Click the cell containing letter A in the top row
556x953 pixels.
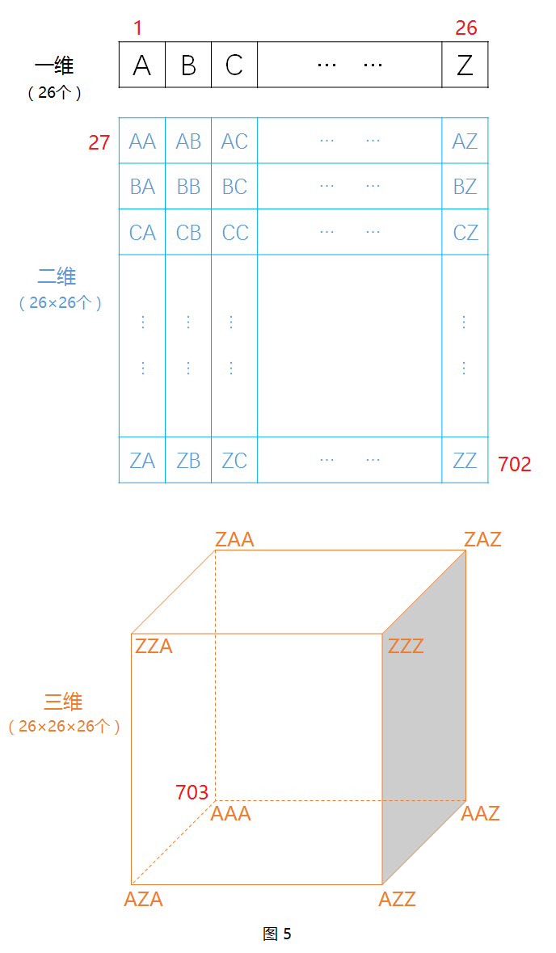pos(142,65)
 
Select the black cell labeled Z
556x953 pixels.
pos(465,65)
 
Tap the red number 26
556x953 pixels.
pos(466,28)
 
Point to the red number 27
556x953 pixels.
pos(99,143)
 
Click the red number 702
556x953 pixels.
pos(515,464)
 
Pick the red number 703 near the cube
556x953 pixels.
pos(192,793)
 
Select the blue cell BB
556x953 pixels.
pos(188,187)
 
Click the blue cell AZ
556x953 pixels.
pos(465,141)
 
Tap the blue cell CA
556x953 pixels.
pos(142,233)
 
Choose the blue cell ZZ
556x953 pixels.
pos(465,461)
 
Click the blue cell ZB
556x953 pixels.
pos(188,461)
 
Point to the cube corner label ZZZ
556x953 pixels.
pos(406,647)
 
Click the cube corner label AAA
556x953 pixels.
pos(231,814)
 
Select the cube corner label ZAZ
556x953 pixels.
pos(482,539)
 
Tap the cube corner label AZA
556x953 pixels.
pos(143,899)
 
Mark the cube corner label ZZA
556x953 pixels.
pos(154,647)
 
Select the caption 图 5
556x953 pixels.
pos(277,934)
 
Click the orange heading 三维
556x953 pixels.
pos(63,702)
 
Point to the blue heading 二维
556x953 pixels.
pos(57,276)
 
